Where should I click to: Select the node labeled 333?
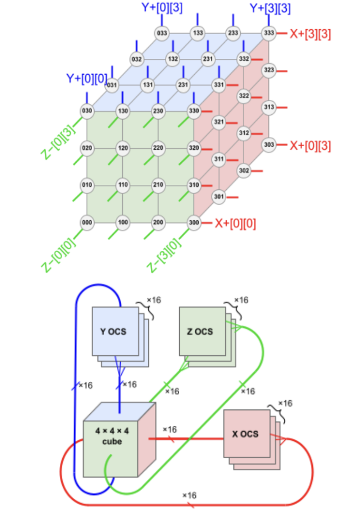tap(269, 33)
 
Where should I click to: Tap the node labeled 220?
tap(158, 148)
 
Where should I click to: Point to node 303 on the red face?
tap(269, 144)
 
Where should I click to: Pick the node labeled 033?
tap(162, 33)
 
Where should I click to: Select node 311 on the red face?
tap(219, 160)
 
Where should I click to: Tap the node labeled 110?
tap(122, 185)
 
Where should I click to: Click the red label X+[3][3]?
tap(311, 33)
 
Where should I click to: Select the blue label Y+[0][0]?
tap(87, 78)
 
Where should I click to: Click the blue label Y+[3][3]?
tap(269, 8)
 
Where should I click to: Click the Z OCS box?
tap(202, 331)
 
